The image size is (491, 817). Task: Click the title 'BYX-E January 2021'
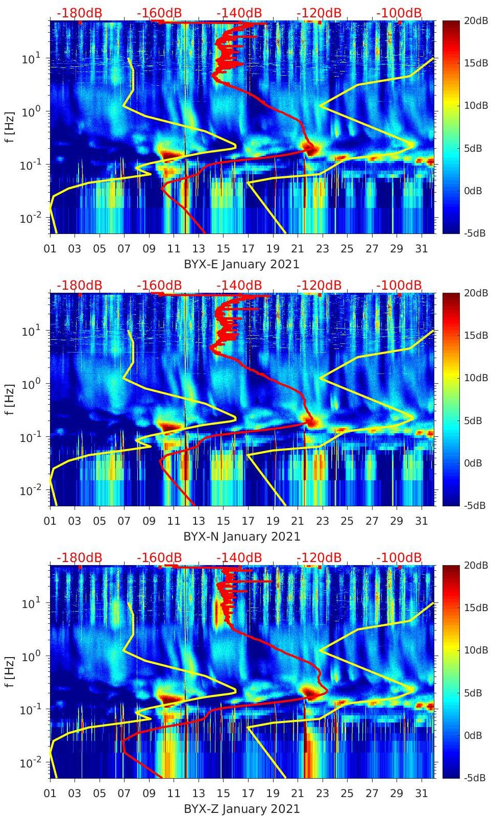coord(241,264)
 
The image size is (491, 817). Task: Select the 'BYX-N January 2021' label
coord(241,536)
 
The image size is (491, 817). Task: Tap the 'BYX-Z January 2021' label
coord(241,809)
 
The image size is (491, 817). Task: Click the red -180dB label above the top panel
coord(80,13)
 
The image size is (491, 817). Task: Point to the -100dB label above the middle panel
coord(399,285)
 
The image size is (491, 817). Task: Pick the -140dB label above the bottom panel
coord(239,557)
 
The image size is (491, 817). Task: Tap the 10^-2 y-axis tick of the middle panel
coord(32,491)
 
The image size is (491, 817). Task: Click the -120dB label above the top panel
coord(319,13)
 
